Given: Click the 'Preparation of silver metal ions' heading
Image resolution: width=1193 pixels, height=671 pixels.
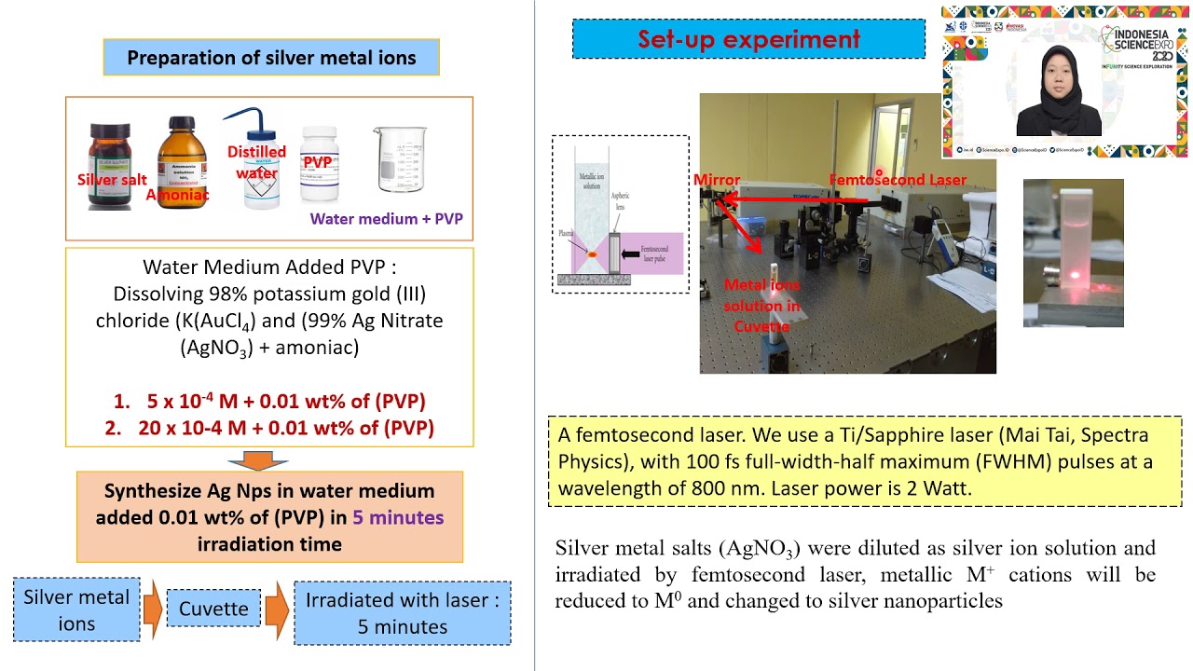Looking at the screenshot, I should click(270, 58).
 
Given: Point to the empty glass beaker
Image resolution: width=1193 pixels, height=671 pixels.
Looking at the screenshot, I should click(400, 160).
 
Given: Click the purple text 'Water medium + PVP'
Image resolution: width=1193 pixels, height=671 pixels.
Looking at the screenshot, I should click(386, 219).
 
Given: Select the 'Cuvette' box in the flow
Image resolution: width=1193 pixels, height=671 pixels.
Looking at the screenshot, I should click(213, 609).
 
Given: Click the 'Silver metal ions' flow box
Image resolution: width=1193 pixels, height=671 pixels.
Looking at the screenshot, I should click(76, 610).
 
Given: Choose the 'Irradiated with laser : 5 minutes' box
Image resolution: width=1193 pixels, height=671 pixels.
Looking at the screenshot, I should click(403, 613).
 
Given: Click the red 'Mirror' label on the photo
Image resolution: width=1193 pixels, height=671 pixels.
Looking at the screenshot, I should click(717, 180).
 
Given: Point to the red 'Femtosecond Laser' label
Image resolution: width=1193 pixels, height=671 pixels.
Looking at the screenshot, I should click(898, 180).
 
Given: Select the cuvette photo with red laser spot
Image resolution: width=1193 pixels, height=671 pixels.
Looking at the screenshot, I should click(1073, 253).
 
